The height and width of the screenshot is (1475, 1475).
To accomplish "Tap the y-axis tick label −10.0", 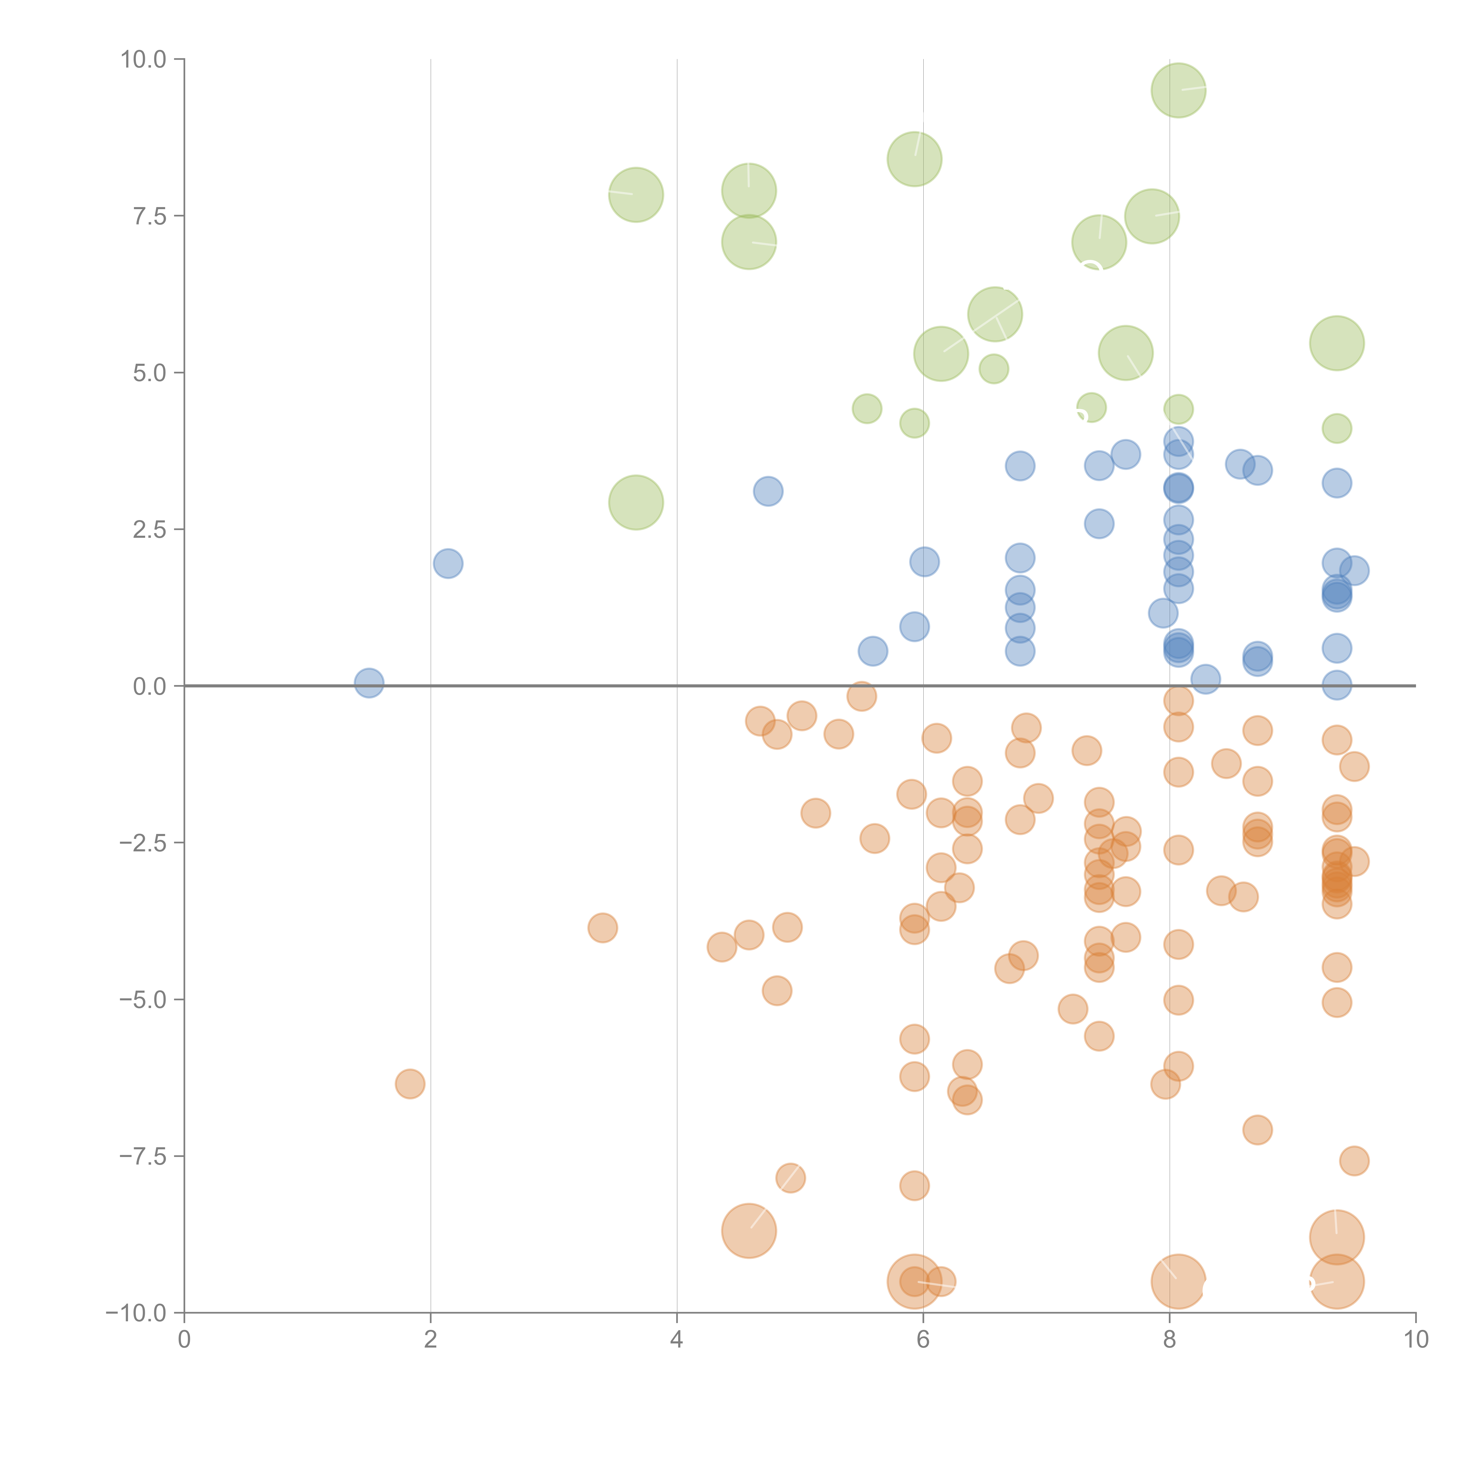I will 137,1313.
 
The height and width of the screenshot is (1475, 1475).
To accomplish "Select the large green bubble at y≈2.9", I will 636,502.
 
